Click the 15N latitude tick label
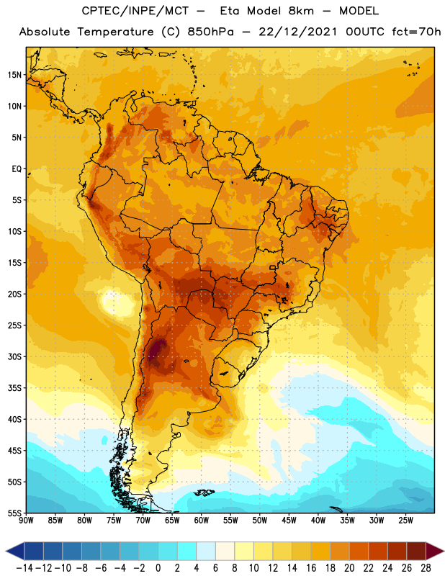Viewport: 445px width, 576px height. click(14, 75)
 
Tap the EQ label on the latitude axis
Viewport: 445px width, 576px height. click(17, 169)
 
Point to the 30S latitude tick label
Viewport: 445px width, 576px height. click(14, 356)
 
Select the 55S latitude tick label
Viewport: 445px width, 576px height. click(14, 513)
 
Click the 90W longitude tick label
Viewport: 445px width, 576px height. click(26, 520)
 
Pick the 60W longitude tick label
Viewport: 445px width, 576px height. click(202, 520)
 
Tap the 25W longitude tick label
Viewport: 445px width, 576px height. click(405, 520)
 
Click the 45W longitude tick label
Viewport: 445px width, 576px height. click(289, 520)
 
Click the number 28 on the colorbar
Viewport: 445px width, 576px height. click(426, 568)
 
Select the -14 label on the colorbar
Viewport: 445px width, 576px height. click(24, 568)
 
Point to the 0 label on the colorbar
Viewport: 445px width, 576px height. click(158, 568)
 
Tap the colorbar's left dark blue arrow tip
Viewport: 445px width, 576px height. click(6, 552)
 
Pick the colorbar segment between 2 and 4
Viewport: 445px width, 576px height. click(186, 552)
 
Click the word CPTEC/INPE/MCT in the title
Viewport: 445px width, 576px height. click(135, 12)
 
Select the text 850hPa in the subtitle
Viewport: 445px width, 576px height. click(210, 32)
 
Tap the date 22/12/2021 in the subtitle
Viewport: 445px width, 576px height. click(297, 32)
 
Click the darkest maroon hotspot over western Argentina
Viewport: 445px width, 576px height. click(157, 349)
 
